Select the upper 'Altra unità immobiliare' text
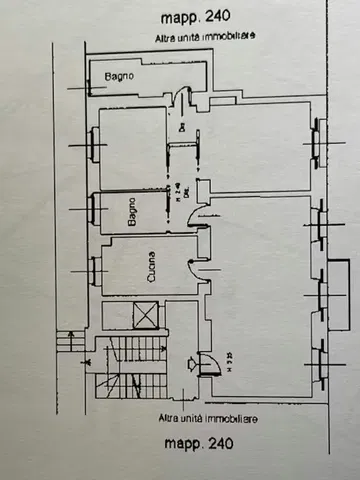[206, 36]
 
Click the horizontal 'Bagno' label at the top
[119, 76]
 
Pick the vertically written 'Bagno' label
[131, 212]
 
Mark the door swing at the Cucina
[197, 263]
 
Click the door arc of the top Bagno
[182, 96]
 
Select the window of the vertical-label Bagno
[94, 209]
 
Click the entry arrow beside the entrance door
[191, 363]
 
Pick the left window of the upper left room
[94, 147]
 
